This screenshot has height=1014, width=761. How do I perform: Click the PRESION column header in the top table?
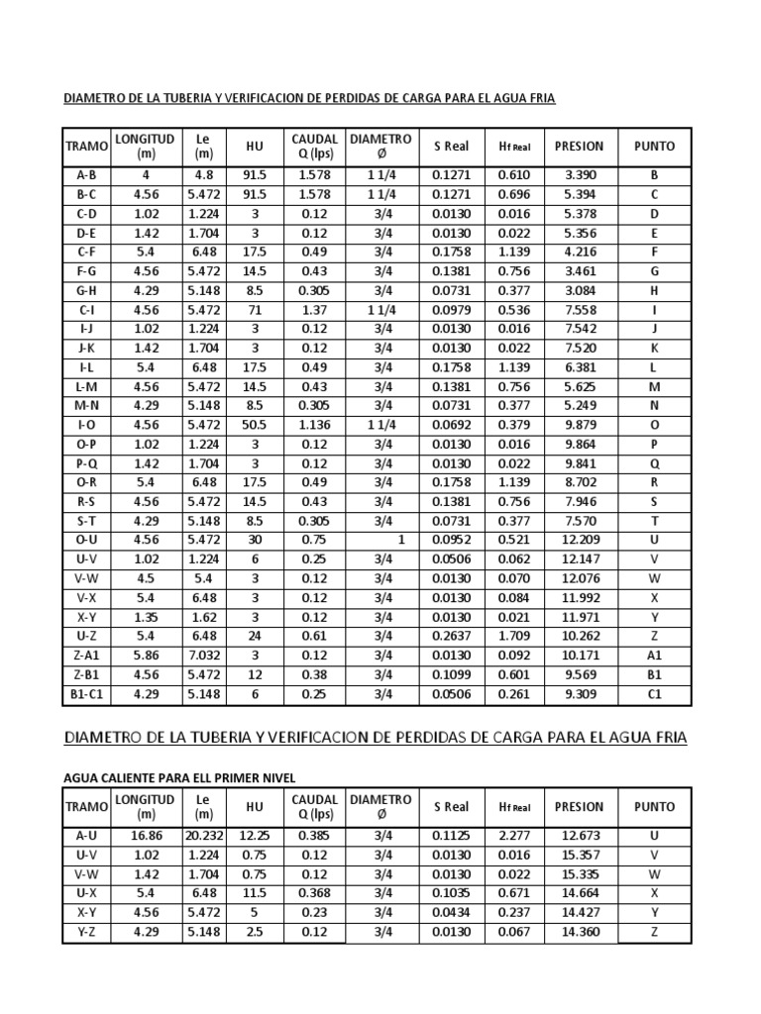click(x=579, y=147)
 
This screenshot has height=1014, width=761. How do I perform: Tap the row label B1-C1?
click(x=86, y=694)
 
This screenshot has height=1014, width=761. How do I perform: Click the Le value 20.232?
click(x=204, y=836)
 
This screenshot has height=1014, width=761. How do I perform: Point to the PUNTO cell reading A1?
click(x=654, y=657)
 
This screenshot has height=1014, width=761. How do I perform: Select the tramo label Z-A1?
click(x=86, y=657)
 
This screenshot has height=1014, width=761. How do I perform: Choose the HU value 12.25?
click(x=255, y=836)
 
